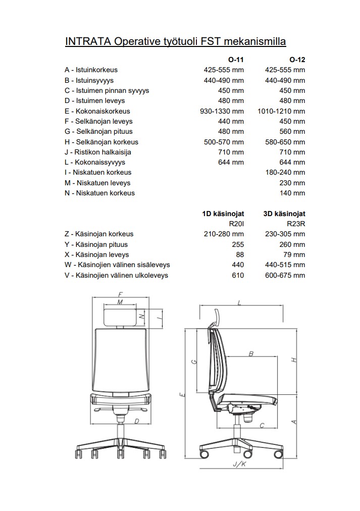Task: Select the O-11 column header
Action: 236,60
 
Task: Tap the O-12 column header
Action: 297,60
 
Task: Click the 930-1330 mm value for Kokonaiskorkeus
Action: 222,111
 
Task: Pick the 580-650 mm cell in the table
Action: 285,142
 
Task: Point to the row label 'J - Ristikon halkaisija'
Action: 98,152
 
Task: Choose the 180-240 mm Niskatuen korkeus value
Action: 285,173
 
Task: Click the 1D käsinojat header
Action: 223,214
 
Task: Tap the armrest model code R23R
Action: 296,224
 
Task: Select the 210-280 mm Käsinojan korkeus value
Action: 224,234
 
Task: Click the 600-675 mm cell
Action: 285,275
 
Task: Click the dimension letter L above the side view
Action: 239,302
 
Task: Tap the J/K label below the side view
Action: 239,464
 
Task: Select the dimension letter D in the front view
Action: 136,420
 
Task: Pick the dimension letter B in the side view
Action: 250,354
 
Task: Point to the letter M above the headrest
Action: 120,302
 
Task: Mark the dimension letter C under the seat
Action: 262,426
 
